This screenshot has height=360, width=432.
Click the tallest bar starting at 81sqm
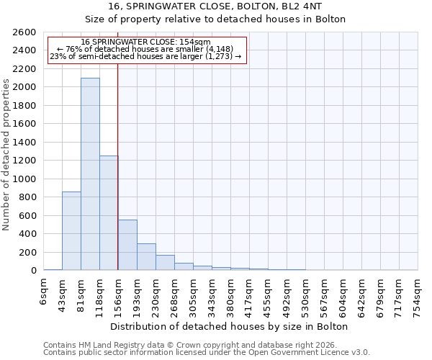[90, 174]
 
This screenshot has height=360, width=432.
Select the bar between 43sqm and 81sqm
[71, 230]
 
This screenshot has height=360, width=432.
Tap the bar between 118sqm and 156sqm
[109, 212]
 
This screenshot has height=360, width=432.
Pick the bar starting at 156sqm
[127, 245]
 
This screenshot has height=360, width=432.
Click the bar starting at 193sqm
[146, 257]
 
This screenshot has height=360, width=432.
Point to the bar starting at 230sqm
[165, 263]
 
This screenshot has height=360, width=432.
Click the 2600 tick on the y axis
[25, 32]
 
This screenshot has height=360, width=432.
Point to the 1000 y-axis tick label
[25, 179]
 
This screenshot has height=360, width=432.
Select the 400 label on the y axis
[28, 234]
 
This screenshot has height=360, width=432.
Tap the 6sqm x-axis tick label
[44, 291]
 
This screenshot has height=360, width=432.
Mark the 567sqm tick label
[325, 294]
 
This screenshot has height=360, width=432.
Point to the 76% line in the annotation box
[146, 50]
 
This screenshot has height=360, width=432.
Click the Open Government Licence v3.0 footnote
[207, 352]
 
